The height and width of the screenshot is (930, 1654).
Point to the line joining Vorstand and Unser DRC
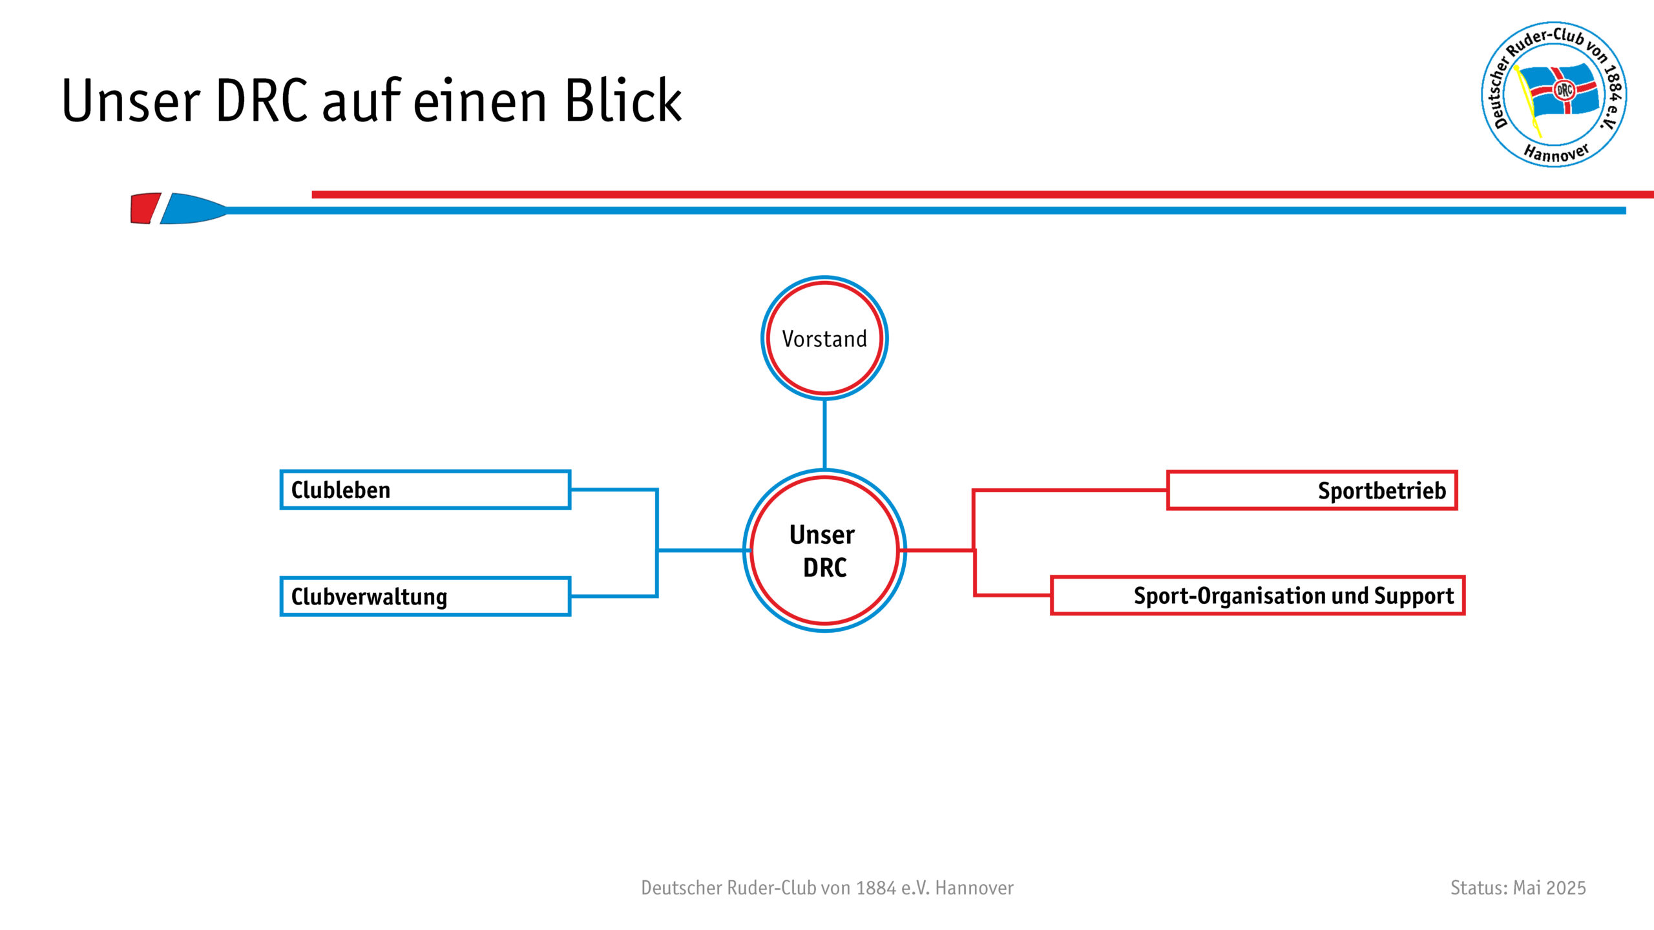coord(824,435)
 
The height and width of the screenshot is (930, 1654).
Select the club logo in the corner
coord(1554,94)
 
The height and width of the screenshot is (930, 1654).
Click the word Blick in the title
coord(623,100)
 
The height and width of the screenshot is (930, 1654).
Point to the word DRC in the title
coord(262,101)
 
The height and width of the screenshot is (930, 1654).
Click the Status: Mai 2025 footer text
coord(1518,888)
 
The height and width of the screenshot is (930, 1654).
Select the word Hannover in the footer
coord(974,888)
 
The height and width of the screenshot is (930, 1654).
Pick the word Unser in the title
coord(131,101)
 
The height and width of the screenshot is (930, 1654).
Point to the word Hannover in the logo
coord(1556,152)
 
